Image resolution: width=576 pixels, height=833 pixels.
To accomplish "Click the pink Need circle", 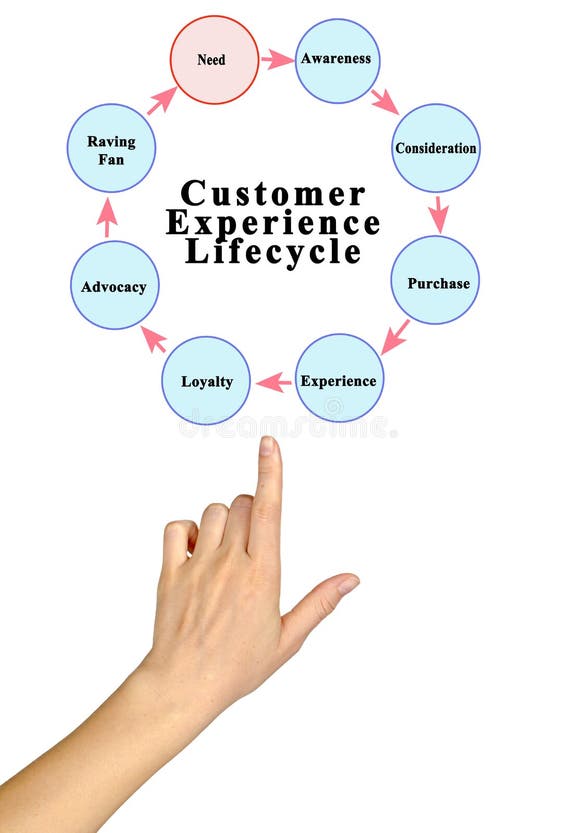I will coord(213,60).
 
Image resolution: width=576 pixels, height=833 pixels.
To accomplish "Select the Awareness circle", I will coord(337,60).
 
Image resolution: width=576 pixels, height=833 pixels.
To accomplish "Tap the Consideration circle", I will coord(435,148).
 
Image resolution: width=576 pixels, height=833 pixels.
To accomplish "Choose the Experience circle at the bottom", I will coord(339,378).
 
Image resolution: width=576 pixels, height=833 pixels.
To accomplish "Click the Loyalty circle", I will coord(206,380).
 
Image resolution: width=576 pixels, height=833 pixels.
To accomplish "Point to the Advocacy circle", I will coord(114,285).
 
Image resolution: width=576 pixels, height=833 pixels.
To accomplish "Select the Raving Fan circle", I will coord(111,148).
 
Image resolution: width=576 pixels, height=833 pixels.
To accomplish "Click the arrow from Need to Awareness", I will coord(276,60).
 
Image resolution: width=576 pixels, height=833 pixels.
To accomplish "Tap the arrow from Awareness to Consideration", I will coord(384,100).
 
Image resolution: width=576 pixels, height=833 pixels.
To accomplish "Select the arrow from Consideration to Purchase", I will coord(438,213).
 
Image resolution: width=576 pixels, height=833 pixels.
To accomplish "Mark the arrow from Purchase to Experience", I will coord(395,336).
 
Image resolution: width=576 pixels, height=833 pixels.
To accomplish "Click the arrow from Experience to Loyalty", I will coord(273,381).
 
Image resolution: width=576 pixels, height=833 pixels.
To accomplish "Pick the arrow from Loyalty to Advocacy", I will coord(153,339).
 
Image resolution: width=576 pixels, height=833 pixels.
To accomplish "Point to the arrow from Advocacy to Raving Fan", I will coord(108,216).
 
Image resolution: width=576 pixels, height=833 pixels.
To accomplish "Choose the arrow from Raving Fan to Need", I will coord(161,100).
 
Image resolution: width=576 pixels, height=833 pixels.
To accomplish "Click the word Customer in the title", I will coord(272,193).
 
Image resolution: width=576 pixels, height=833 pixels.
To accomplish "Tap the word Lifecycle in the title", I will coord(272,251).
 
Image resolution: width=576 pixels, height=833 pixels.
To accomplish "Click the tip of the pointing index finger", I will coord(268,445).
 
